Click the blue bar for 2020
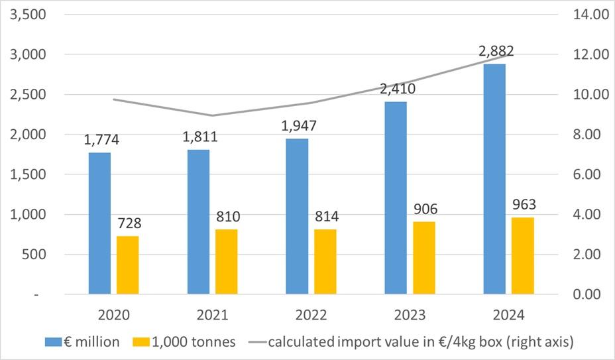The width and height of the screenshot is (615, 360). (99, 223)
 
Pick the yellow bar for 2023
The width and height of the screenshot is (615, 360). (424, 257)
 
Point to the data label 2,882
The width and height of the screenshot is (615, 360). (495, 51)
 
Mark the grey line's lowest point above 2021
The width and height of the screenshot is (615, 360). (213, 115)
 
